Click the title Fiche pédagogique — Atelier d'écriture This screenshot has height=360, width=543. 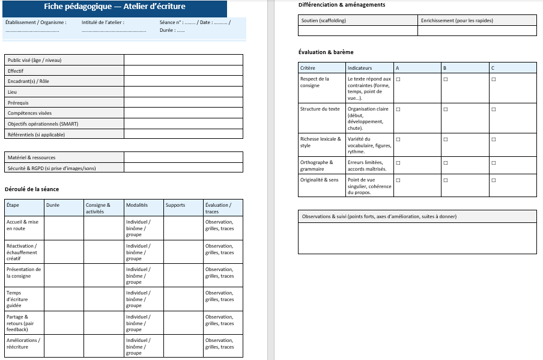[x=115, y=7]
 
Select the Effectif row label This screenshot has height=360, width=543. [x=16, y=71]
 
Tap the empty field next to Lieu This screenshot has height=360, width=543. [x=183, y=92]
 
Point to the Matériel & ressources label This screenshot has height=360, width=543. [x=31, y=157]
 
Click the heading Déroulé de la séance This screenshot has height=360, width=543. [x=32, y=189]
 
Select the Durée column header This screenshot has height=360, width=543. [x=53, y=205]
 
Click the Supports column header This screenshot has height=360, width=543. [x=175, y=205]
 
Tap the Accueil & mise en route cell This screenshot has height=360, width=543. [x=23, y=225]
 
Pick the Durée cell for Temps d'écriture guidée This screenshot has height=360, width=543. [x=64, y=299]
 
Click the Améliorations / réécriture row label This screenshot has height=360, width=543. [x=23, y=343]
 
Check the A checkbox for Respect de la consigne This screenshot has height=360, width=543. [x=398, y=79]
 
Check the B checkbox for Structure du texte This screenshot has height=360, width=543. [x=446, y=109]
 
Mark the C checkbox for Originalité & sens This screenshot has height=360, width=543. [x=494, y=180]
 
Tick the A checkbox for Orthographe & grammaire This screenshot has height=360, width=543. [x=398, y=162]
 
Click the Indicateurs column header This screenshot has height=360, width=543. [x=359, y=68]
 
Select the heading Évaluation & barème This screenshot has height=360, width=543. [x=326, y=52]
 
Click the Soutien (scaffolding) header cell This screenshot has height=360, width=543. [x=323, y=20]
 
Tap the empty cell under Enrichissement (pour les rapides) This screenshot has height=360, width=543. [x=477, y=31]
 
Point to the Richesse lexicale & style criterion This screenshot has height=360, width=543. [x=321, y=142]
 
